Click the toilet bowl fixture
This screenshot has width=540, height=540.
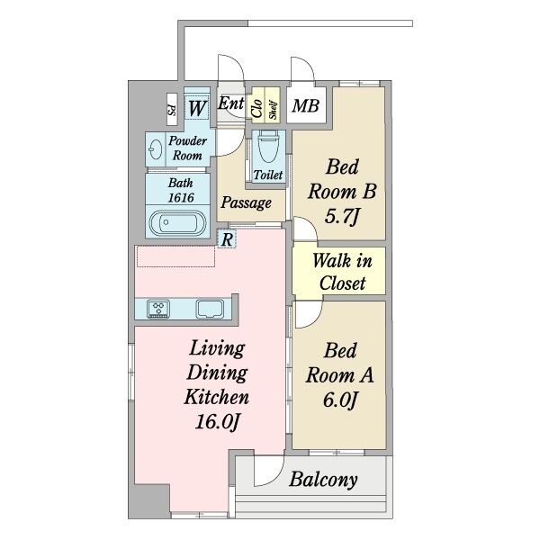[268, 148]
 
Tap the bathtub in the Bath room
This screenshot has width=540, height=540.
[177, 222]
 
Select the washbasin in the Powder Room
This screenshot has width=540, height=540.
[156, 149]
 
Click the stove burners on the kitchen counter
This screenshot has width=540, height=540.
[158, 308]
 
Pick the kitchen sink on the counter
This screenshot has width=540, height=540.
[210, 308]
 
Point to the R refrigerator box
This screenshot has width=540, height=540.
[227, 239]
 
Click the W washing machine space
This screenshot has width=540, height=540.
[196, 108]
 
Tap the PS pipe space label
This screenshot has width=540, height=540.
[172, 109]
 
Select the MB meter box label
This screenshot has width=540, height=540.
[305, 105]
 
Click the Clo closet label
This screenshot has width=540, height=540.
[257, 108]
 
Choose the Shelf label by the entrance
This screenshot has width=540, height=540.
[273, 110]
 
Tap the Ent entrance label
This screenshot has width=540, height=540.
[230, 103]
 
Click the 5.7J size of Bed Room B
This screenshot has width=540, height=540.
[342, 217]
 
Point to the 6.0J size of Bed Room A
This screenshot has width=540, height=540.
[340, 400]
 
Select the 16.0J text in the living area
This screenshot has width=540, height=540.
[217, 421]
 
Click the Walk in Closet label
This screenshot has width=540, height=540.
[342, 272]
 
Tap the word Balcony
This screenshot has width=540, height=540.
[323, 480]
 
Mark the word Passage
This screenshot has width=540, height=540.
[246, 202]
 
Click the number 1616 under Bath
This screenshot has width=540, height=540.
[181, 198]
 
